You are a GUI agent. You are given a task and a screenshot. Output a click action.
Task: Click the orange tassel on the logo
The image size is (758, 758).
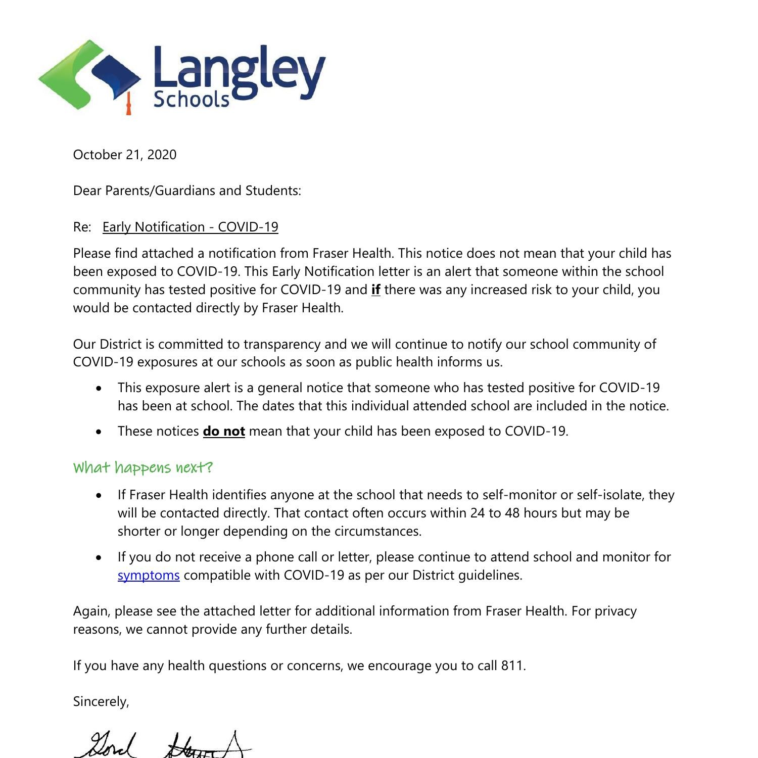(x=128, y=105)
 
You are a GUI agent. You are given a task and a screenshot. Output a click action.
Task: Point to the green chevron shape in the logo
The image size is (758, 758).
(x=66, y=76)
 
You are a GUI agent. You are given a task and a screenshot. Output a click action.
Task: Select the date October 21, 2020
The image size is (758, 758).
(x=125, y=155)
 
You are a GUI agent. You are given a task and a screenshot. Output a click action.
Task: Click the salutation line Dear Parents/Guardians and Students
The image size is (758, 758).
(x=187, y=191)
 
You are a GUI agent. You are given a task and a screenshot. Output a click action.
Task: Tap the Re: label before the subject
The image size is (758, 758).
(x=82, y=227)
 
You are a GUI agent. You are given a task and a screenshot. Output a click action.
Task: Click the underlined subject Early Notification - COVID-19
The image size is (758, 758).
(x=190, y=227)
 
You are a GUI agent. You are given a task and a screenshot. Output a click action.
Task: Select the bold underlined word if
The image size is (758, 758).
(x=375, y=290)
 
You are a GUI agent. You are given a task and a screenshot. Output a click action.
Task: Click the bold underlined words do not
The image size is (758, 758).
(x=224, y=431)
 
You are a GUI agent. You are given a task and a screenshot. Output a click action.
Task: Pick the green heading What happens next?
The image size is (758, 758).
(x=143, y=467)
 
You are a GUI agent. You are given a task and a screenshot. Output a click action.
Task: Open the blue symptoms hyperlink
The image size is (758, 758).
(x=149, y=575)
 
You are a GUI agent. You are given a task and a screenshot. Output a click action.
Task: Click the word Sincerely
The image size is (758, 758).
(x=101, y=701)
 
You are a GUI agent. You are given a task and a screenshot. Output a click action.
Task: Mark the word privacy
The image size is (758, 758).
(x=615, y=611)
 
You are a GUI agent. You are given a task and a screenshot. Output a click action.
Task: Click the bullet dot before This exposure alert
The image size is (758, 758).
(x=99, y=388)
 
